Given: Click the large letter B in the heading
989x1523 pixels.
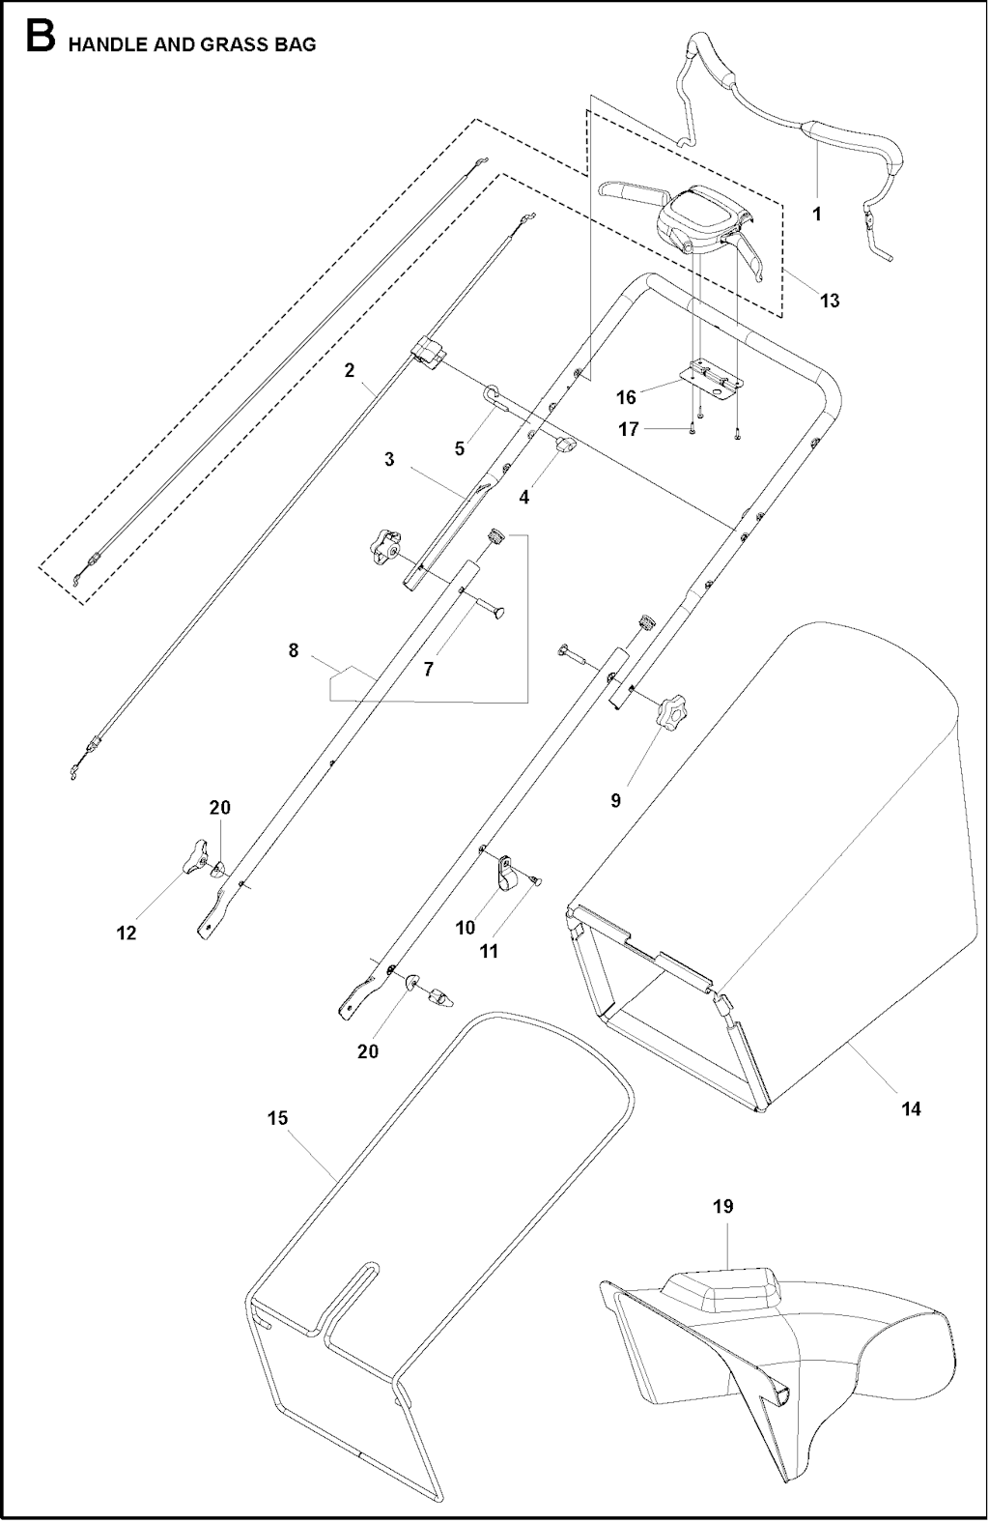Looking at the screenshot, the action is tap(41, 37).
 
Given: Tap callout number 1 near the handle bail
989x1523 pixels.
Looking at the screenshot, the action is tap(817, 214).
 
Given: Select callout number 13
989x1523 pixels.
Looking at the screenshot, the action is tap(830, 300).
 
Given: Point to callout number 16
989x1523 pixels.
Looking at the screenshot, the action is tap(626, 397).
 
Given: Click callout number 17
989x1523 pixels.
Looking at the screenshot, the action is tap(629, 430).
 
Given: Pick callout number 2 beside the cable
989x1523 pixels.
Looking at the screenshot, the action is tap(350, 371).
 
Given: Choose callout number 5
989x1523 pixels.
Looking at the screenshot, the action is tap(460, 448).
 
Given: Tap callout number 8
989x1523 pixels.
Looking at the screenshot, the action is tap(293, 650).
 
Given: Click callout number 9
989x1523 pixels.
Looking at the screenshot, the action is tap(616, 801).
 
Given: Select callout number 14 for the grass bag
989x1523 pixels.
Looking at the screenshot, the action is tap(911, 1109).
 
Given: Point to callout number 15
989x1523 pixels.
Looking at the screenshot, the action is tap(277, 1118).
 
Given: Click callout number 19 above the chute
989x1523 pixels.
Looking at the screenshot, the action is tap(723, 1207).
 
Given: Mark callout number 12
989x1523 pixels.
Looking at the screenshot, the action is tap(127, 933).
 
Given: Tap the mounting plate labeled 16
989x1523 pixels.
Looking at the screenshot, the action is tap(713, 377).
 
